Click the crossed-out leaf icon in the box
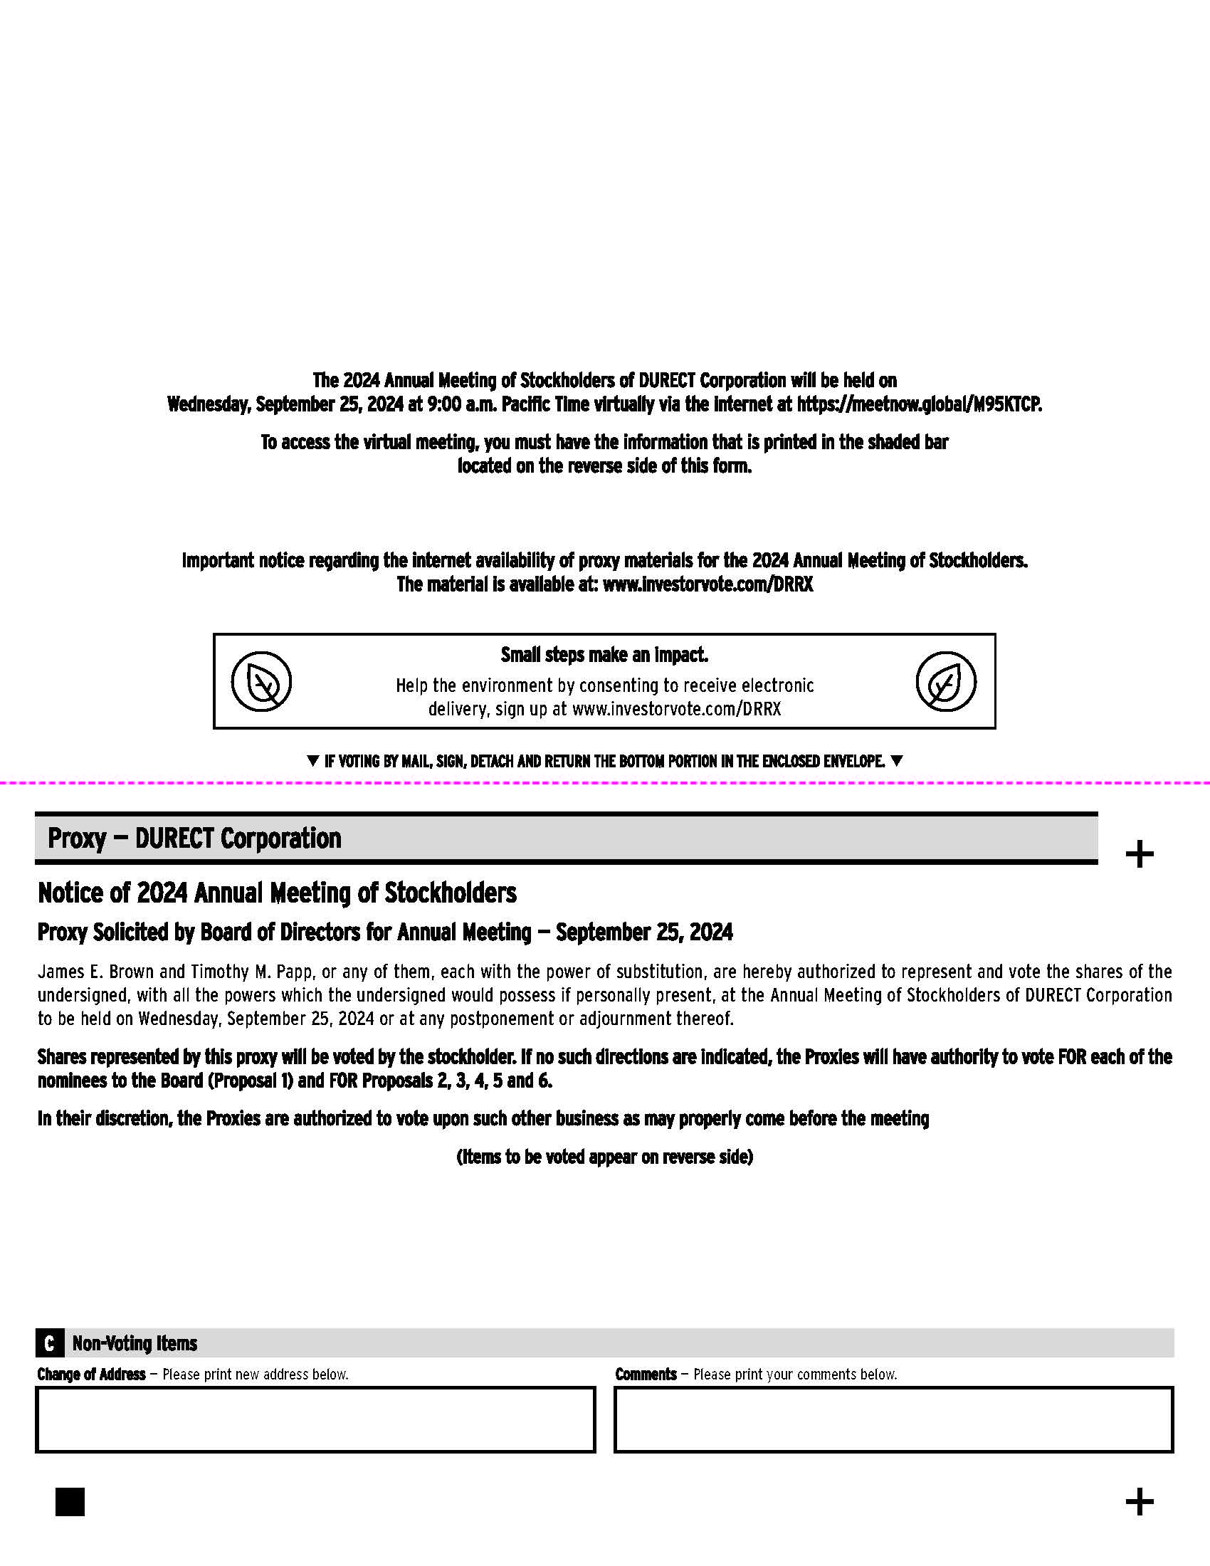coord(262,681)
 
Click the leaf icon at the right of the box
coord(945,681)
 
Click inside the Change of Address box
coord(315,1420)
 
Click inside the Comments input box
coord(893,1420)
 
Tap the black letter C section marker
coord(48,1343)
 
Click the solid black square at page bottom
coord(70,1501)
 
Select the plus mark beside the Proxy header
coord(1139,854)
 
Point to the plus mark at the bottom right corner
coord(1139,1501)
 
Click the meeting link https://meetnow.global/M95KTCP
coord(919,404)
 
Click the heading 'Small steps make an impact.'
coord(604,655)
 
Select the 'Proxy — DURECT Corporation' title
coord(194,839)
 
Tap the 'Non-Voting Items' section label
coord(135,1343)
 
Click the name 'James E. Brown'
coord(95,972)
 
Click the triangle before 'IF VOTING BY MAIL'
coord(312,761)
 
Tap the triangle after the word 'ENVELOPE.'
coord(896,761)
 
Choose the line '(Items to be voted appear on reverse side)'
coord(604,1157)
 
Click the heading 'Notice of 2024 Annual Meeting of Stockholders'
coord(277,893)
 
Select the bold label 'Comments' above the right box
coord(645,1374)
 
